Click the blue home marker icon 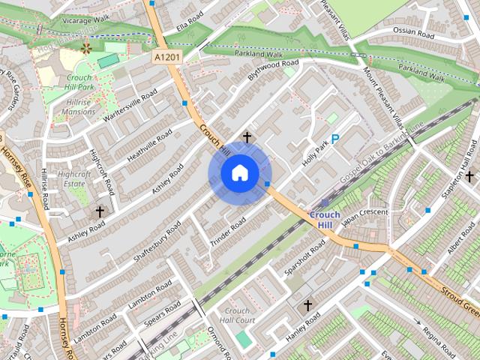239,173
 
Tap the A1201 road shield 167,56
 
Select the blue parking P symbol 335,139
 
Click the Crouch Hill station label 324,220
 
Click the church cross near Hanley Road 307,305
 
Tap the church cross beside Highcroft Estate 100,212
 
